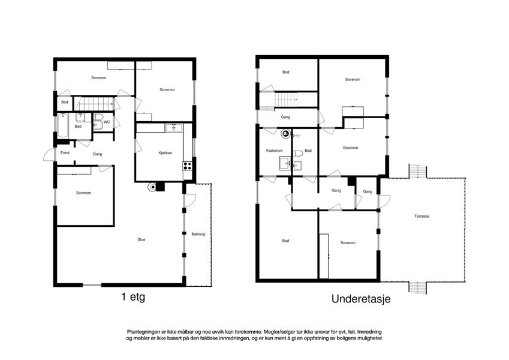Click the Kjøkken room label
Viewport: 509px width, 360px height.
tap(165, 153)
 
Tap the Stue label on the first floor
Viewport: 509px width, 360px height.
tap(141, 239)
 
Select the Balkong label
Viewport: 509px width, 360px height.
tap(198, 234)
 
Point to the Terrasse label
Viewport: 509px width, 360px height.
tap(421, 216)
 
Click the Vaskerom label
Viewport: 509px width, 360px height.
tap(274, 151)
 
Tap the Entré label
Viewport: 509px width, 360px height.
tap(65, 152)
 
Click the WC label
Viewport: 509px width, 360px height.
tap(107, 122)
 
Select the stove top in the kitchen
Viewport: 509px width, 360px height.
tap(187, 166)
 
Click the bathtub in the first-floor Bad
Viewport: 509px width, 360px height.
tap(63, 126)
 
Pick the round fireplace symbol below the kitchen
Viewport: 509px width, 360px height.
tap(152, 187)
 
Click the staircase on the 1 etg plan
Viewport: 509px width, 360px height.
tap(94, 104)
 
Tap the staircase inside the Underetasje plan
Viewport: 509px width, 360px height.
tap(285, 100)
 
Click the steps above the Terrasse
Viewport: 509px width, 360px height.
tap(418, 171)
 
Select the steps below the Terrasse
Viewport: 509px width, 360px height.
tap(417, 288)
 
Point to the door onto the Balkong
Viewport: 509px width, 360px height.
tap(190, 200)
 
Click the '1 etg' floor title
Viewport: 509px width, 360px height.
tap(133, 297)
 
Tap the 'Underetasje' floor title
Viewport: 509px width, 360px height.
tap(361, 299)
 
